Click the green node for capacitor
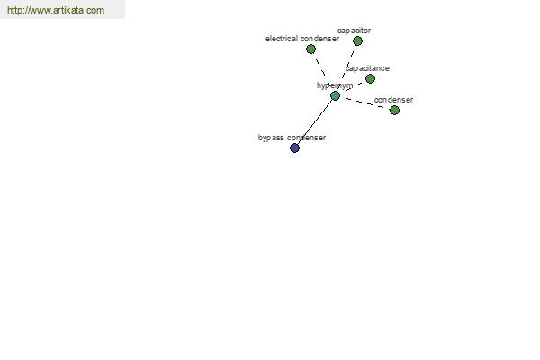pyautogui.click(x=357, y=41)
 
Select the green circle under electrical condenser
pyautogui.click(x=310, y=49)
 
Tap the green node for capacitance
pyautogui.click(x=370, y=79)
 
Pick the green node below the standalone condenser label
pyautogui.click(x=394, y=110)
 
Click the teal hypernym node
pyautogui.click(x=335, y=96)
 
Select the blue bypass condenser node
pyautogui.click(x=294, y=148)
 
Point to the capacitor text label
pyautogui.click(x=354, y=31)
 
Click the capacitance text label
pyautogui.click(x=367, y=68)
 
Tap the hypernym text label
pyautogui.click(x=335, y=85)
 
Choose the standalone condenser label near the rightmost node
pyautogui.click(x=393, y=100)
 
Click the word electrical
pyautogui.click(x=282, y=39)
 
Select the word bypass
pyautogui.click(x=271, y=138)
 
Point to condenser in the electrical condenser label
pyautogui.click(x=319, y=39)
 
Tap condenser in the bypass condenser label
pyautogui.click(x=307, y=138)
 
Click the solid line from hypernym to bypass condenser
pyautogui.click(x=315, y=122)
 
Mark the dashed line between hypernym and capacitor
pyautogui.click(x=347, y=67)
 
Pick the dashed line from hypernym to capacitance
pyautogui.click(x=354, y=87)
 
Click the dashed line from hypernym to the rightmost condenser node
pyautogui.click(x=365, y=103)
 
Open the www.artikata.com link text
pyautogui.click(x=56, y=10)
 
